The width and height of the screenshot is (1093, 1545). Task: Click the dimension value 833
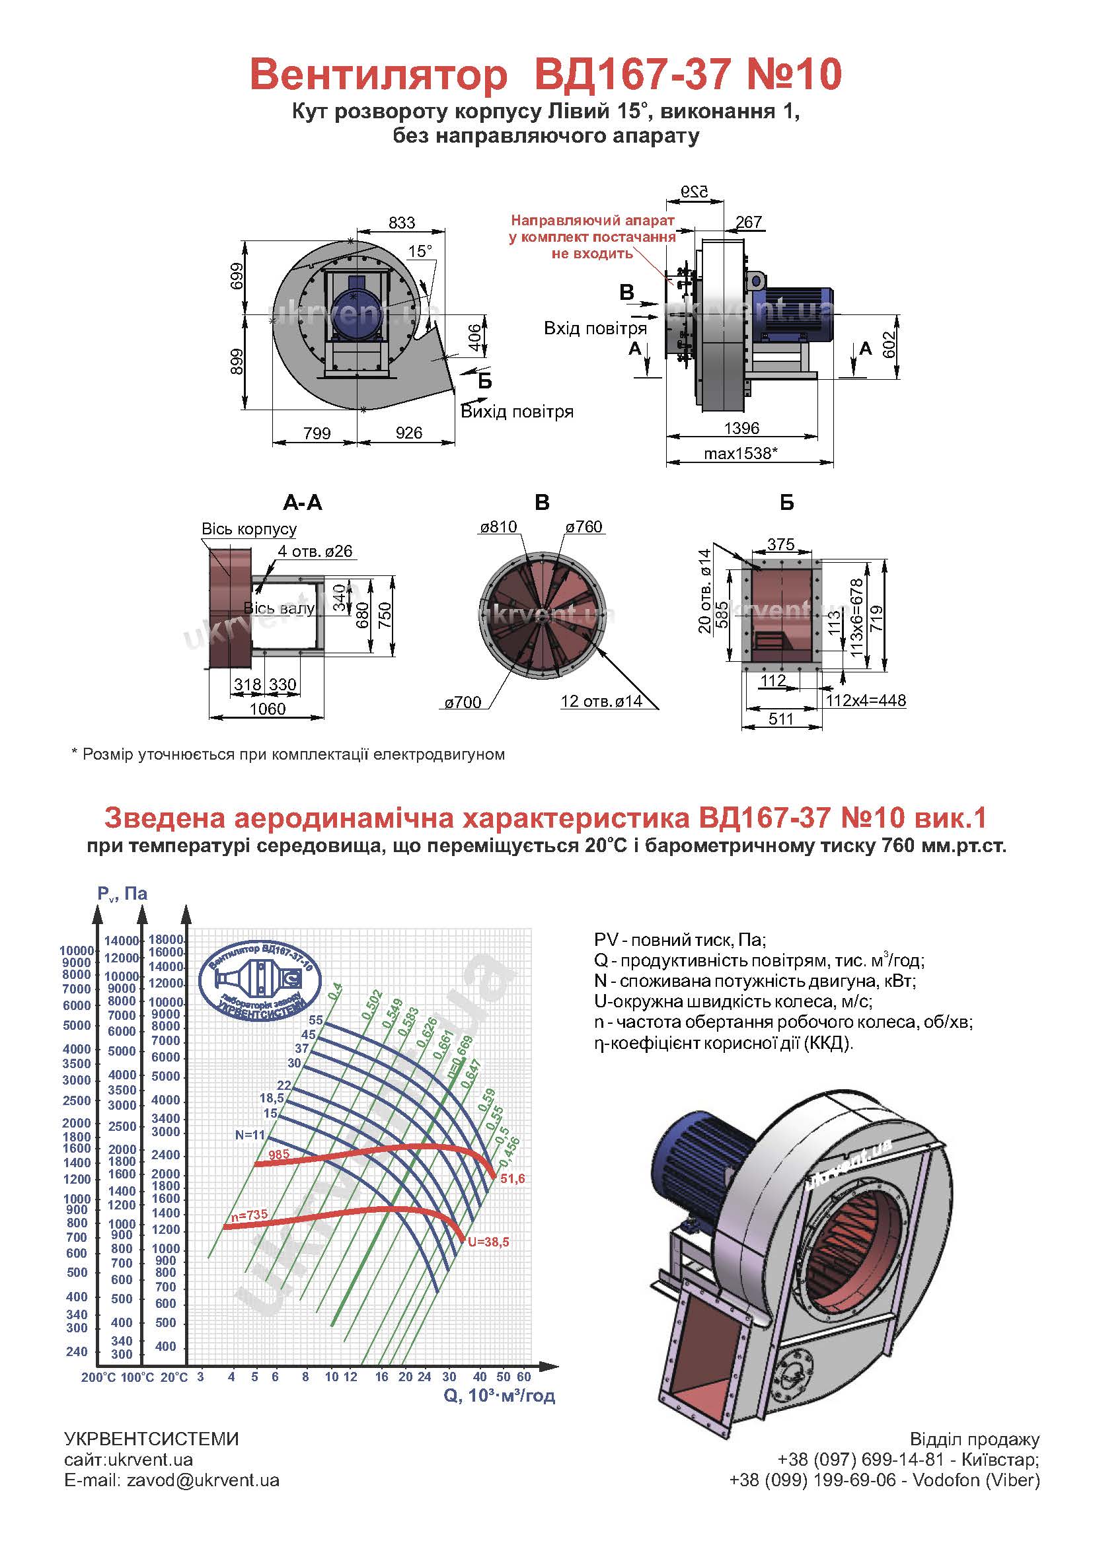click(401, 223)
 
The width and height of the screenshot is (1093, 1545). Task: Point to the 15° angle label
click(420, 252)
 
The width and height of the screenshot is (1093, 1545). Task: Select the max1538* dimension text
click(741, 453)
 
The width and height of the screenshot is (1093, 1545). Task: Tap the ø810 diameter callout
click(499, 527)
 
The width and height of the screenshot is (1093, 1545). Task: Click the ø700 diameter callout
click(463, 703)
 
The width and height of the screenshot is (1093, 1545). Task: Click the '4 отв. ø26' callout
click(315, 551)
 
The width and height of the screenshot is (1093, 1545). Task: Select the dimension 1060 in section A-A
click(267, 709)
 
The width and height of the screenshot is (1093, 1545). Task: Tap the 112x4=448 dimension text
click(866, 700)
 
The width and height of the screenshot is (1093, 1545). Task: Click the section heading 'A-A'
click(302, 503)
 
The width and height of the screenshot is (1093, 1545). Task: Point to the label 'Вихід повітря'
click(517, 412)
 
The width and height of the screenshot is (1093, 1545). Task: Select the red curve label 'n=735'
click(249, 1215)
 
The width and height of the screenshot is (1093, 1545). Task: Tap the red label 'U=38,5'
click(488, 1242)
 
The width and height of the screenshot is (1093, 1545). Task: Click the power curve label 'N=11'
click(250, 1135)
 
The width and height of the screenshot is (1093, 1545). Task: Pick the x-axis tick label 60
click(523, 1377)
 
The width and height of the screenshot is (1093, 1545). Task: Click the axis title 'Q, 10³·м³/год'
click(500, 1396)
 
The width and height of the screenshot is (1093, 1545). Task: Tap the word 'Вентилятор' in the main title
click(378, 75)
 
